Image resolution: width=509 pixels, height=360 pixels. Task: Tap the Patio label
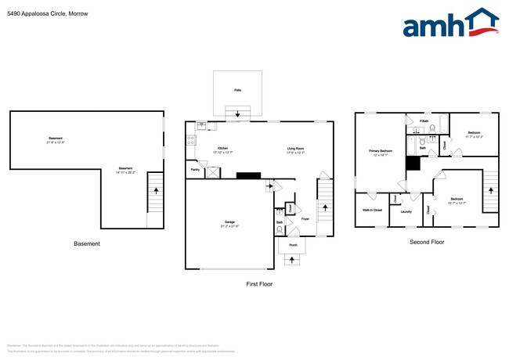point(237,91)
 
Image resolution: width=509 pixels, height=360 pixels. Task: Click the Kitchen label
point(222,149)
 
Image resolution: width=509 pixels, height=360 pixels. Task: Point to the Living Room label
point(296,149)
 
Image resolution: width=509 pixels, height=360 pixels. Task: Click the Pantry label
point(194,170)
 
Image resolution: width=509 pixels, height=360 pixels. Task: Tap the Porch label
point(293,245)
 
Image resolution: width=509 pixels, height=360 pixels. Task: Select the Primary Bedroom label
point(381,151)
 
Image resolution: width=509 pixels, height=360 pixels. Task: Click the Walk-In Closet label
point(372,211)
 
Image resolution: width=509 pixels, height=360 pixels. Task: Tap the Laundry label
point(406,211)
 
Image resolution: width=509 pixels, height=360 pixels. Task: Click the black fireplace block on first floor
point(249,176)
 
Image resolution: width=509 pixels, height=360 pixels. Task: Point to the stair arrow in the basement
point(156,189)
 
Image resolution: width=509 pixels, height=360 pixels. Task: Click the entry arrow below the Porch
point(293,261)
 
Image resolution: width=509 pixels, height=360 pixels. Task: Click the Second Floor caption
point(427,243)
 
